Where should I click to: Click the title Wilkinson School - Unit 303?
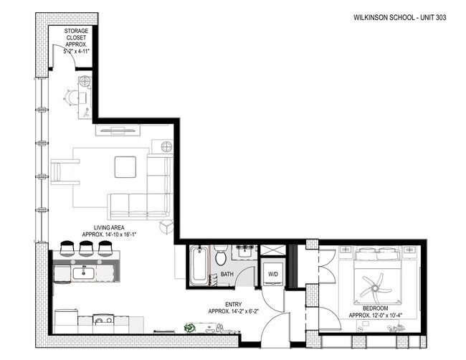(400, 17)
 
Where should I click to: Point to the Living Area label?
(109, 231)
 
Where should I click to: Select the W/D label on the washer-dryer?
(273, 274)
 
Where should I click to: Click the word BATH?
(227, 274)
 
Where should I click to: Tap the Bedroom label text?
(376, 312)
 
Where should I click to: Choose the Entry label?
(234, 308)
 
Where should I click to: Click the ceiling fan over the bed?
(375, 288)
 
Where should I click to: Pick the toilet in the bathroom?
(221, 255)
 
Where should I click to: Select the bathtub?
(199, 265)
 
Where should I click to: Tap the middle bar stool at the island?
(86, 248)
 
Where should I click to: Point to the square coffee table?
(125, 167)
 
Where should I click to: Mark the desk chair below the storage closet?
(71, 98)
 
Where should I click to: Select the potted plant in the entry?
(189, 328)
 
